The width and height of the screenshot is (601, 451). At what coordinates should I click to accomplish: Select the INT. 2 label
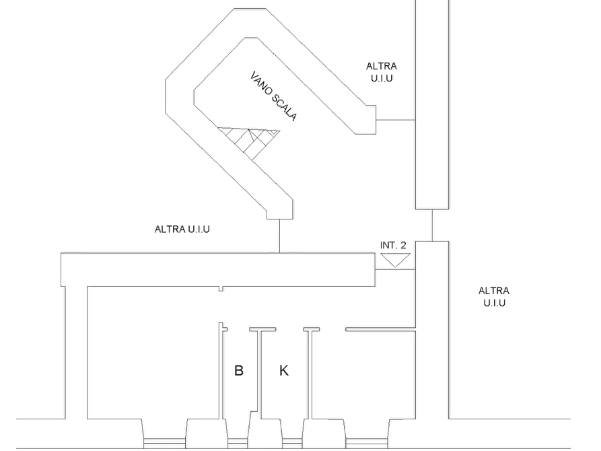[x=393, y=246]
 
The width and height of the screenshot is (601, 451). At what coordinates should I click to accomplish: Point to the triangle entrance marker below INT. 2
[x=395, y=260]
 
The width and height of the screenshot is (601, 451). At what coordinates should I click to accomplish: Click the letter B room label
[x=238, y=370]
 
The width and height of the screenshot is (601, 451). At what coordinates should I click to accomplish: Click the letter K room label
[x=283, y=370]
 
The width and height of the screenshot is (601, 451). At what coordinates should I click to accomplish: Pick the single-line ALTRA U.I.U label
[x=182, y=230]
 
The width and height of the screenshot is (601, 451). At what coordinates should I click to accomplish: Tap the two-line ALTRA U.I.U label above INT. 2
[x=382, y=72]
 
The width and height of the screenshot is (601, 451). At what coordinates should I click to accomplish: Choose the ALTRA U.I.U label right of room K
[x=494, y=297]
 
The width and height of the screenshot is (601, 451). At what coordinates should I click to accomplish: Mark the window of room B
[x=238, y=443]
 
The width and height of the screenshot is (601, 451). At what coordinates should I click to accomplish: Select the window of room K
[x=292, y=443]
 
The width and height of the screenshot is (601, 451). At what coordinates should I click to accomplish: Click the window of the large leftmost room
[x=164, y=443]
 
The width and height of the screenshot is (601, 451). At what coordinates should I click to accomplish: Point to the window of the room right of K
[x=366, y=443]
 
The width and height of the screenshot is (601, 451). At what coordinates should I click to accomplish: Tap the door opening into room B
[x=238, y=329]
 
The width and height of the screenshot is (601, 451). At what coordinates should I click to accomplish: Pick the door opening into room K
[x=290, y=329]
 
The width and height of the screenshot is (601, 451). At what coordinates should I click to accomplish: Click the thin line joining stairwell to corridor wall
[x=279, y=236]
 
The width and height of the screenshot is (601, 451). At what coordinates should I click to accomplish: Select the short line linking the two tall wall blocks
[x=432, y=225]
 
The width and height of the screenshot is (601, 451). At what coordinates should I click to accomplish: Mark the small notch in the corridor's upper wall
[x=221, y=289]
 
